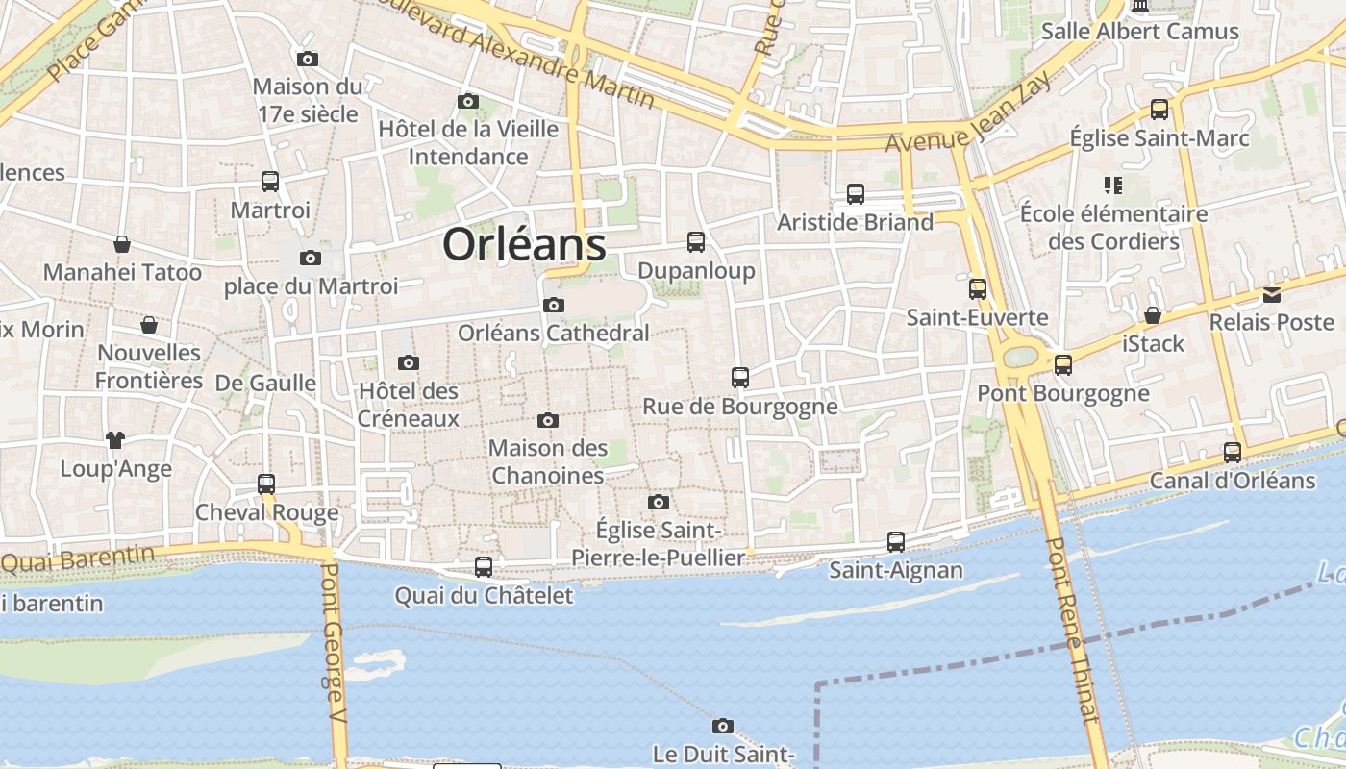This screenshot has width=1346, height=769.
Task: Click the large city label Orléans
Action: [x=524, y=244]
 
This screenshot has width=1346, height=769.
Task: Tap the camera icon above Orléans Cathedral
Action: [x=554, y=306]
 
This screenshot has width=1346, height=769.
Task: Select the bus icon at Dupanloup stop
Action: [x=696, y=242]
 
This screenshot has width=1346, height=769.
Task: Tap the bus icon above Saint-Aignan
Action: [x=896, y=542]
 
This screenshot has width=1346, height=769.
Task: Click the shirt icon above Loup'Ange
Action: [x=115, y=440]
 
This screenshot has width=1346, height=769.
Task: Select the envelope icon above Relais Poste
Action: [x=1272, y=295]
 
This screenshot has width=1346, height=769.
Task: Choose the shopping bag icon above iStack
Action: [x=1153, y=315]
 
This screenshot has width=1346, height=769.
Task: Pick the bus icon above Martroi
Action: [x=270, y=182]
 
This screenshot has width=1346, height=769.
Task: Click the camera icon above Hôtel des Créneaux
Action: [x=409, y=363]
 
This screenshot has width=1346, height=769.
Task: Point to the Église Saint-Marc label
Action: [x=1159, y=138]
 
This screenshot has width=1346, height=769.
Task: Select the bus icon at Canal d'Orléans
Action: [x=1233, y=452]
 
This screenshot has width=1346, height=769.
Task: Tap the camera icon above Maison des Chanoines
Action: [x=548, y=420]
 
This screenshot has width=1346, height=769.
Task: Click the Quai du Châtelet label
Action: [x=484, y=596]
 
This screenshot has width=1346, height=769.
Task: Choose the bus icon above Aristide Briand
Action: [x=856, y=194]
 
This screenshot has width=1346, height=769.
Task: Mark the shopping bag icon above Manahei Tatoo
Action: [x=122, y=244]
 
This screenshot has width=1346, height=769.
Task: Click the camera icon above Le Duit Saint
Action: [x=723, y=727]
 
